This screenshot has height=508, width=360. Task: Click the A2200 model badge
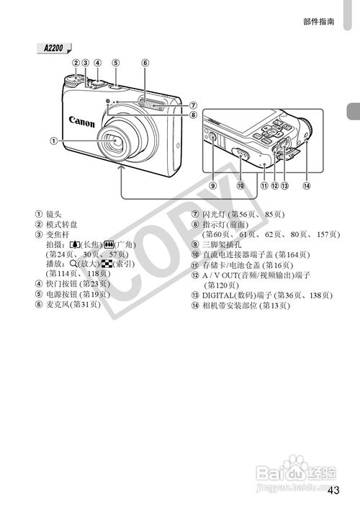(54, 48)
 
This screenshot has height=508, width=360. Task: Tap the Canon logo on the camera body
(82, 122)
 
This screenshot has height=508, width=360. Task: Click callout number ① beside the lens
(53, 141)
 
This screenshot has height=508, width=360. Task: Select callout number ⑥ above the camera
(145, 63)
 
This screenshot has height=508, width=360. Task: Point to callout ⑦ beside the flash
(193, 105)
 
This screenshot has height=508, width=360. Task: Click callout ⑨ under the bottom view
(212, 186)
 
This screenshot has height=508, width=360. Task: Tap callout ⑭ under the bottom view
(306, 186)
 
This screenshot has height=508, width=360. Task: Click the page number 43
(333, 490)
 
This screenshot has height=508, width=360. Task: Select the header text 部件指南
(318, 22)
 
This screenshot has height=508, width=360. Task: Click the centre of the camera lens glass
(115, 141)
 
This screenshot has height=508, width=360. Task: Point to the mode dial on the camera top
(74, 81)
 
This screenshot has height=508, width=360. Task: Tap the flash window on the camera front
(151, 104)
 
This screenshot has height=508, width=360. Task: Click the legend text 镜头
(54, 214)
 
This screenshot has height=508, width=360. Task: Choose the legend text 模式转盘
(61, 224)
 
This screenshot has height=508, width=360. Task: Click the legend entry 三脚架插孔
(222, 244)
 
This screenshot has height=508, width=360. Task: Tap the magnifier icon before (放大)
(73, 264)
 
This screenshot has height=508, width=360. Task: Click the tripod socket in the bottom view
(212, 138)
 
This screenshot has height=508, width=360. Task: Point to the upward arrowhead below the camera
(121, 167)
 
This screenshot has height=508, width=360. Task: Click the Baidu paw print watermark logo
(296, 463)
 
